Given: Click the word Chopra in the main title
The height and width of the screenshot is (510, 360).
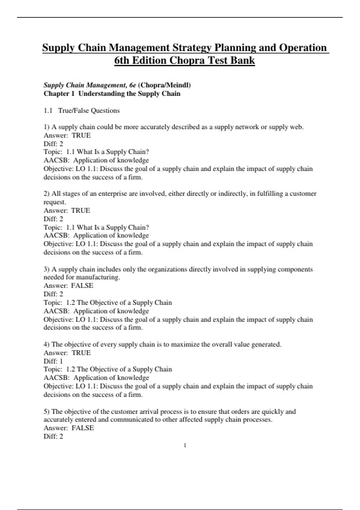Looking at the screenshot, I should coord(187,60).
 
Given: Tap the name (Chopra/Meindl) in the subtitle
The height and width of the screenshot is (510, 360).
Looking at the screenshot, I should coord(164,85).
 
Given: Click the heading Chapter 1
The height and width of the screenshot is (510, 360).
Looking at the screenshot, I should coord(59,94).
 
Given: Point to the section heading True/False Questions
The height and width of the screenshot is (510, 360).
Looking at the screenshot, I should coord(89,110).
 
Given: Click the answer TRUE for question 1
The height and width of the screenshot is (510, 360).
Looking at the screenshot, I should coord(81,135).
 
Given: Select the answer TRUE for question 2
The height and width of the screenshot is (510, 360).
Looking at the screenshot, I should coord(80,210).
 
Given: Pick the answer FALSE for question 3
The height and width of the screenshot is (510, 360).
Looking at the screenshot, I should coord(82,285).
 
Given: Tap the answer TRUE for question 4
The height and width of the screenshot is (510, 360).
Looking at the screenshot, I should coord(81,352).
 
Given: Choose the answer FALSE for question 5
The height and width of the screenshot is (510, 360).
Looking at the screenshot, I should coord(82,428).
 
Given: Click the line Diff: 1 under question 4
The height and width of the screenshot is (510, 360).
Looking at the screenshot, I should coord(53,361).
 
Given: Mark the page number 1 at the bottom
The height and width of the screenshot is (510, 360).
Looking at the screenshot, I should coord(185,445).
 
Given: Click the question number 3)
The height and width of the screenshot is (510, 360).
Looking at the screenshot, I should coord(46,269).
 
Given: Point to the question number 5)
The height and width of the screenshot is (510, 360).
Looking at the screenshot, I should coord(46,411).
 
